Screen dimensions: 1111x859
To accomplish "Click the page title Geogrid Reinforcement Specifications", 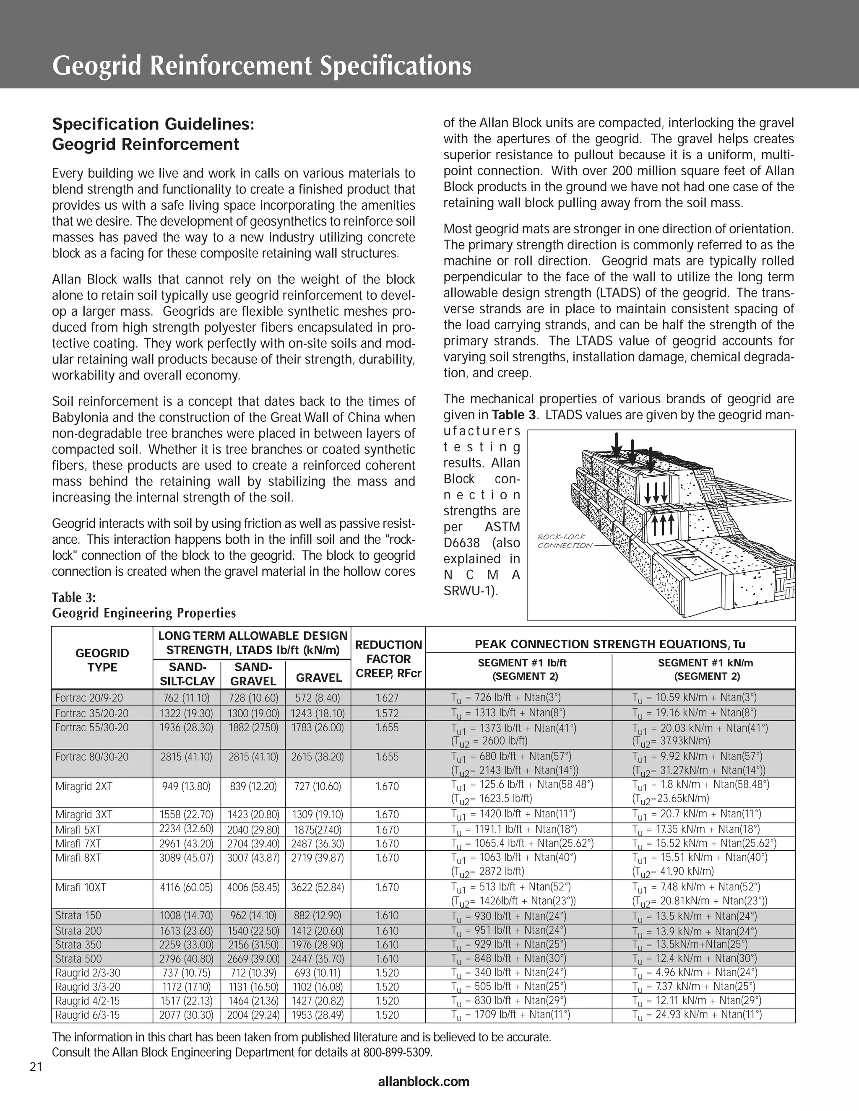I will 262,66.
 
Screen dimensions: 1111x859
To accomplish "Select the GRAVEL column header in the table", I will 319,678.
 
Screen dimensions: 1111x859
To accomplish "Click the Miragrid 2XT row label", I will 83,787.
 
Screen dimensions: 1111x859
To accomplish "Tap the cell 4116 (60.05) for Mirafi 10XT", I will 186,888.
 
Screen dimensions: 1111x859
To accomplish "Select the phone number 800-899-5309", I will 398,1052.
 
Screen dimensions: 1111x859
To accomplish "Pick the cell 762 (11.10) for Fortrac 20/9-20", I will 186,698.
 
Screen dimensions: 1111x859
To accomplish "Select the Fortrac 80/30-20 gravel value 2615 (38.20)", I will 318,757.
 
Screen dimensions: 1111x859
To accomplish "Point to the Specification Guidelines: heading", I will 153,124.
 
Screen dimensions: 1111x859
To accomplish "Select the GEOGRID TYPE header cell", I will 102,660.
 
